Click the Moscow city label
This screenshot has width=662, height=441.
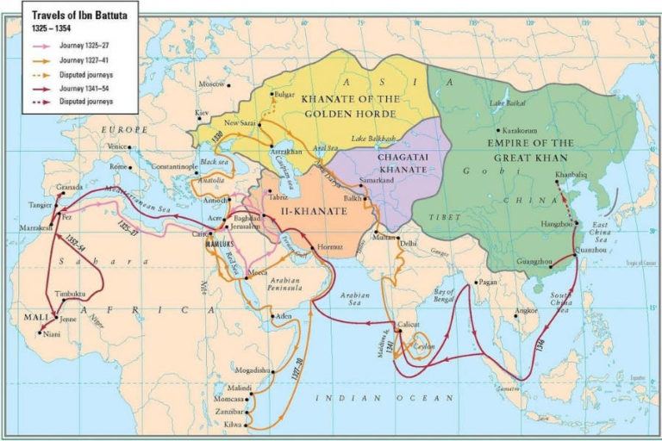coord(211,84)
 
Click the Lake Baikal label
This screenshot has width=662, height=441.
coord(509,104)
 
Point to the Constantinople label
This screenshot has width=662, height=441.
coord(177,165)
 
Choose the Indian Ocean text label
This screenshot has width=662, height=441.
coord(383,397)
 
